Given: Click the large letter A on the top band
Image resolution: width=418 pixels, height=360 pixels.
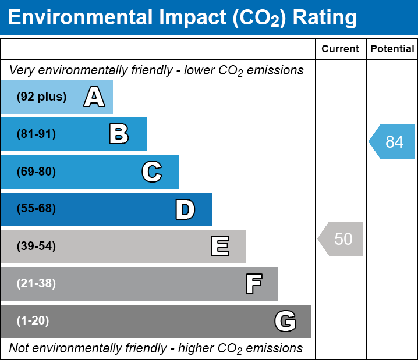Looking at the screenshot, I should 94,97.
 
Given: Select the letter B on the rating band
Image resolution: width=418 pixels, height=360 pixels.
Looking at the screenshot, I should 119,134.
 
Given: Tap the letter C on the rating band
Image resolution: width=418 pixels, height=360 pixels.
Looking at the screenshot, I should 152,172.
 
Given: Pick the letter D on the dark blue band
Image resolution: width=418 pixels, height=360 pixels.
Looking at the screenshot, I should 185,209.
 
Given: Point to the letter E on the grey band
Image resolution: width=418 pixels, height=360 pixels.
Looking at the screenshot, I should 219,247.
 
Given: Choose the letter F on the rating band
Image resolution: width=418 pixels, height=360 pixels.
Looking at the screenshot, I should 253,284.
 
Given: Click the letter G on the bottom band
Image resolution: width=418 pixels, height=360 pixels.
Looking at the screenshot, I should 285,321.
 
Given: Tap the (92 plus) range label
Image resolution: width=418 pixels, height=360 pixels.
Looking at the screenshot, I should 41,97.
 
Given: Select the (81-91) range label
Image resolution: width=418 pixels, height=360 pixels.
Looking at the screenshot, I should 36,134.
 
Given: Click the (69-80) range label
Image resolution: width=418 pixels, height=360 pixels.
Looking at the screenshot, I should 36,172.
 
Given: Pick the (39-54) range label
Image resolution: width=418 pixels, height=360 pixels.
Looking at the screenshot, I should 36,247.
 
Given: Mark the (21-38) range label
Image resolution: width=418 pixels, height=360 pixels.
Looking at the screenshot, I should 36,284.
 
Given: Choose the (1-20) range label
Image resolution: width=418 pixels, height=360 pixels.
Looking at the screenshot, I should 33,321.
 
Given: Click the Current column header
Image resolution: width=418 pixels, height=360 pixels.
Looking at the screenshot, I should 341,49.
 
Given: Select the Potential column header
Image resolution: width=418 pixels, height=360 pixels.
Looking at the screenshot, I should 392,49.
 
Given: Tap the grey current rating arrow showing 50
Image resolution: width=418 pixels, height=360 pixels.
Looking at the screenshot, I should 341,238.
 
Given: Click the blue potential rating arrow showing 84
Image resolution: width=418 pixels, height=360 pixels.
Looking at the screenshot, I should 392,141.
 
